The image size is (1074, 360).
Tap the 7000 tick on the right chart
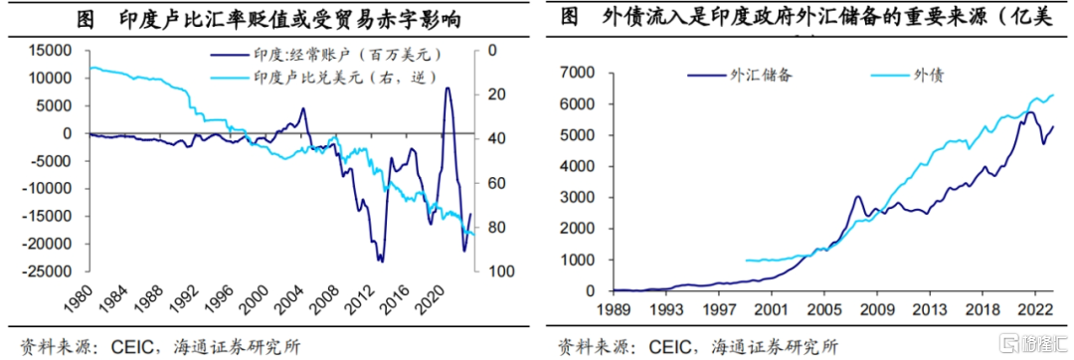coord(584,73)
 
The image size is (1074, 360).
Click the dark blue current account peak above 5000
coord(447,89)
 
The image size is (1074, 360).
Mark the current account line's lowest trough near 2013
coord(380,261)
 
